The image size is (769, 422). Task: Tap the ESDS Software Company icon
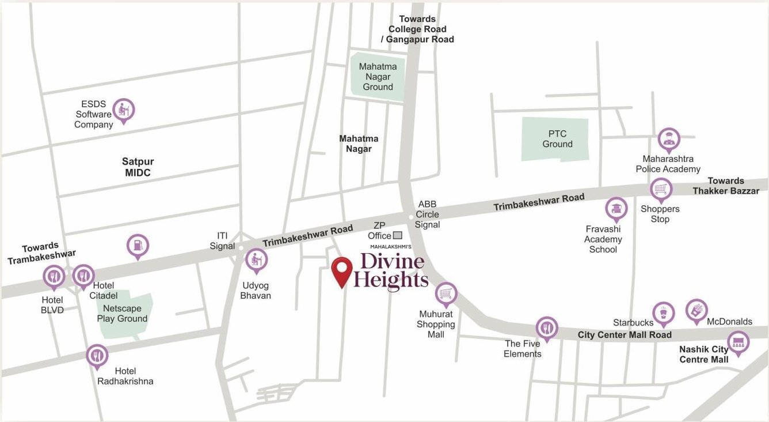pos(123,109)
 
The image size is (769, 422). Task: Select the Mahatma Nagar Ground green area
pos(378,77)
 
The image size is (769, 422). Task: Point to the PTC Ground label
pos(557,139)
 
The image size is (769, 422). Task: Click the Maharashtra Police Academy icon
pos(668,139)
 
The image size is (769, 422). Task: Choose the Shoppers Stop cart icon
pos(661,189)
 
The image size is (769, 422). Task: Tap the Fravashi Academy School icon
pos(616,209)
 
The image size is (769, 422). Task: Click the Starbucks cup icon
pos(663,312)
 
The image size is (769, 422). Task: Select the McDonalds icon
pos(696,310)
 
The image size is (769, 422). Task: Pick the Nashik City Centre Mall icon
pos(738,341)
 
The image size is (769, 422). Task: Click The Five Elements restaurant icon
pos(546,327)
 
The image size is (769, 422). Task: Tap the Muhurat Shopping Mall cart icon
pos(446,293)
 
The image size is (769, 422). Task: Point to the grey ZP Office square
pos(397,235)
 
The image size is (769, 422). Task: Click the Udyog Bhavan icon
pos(256,260)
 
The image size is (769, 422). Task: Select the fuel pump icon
pos(138,245)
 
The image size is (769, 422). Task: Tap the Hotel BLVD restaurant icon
pos(54,276)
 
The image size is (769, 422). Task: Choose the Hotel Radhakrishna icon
pos(97,355)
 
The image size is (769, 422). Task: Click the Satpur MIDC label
pos(138,167)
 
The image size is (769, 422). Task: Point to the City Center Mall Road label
pos(625,335)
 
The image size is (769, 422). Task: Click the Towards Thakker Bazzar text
pos(725,186)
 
